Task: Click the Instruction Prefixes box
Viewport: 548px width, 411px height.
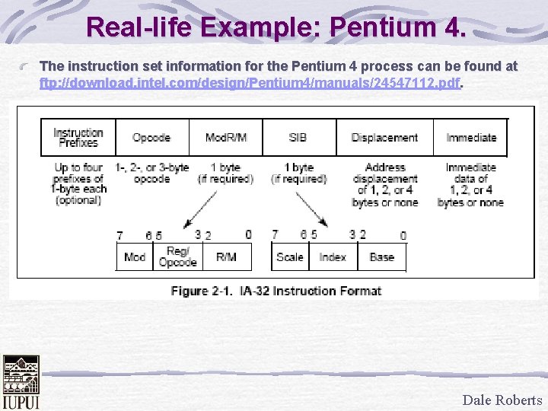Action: pyautogui.click(x=78, y=138)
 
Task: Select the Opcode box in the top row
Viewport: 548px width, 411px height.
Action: pyautogui.click(x=151, y=138)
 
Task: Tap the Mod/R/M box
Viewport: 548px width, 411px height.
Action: pyautogui.click(x=226, y=138)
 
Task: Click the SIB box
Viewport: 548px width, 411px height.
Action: pyautogui.click(x=298, y=138)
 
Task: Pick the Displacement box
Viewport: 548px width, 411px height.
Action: pyautogui.click(x=384, y=138)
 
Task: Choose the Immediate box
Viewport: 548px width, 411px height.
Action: pyautogui.click(x=470, y=138)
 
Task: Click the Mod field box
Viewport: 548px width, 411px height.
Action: pyautogui.click(x=135, y=257)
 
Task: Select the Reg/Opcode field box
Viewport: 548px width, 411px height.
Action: pyautogui.click(x=177, y=257)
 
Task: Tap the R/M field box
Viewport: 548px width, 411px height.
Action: pyautogui.click(x=226, y=257)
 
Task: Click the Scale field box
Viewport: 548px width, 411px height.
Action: pyautogui.click(x=290, y=257)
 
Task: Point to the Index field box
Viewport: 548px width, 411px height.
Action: pyautogui.click(x=333, y=257)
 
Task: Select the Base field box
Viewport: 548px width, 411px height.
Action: pyautogui.click(x=381, y=257)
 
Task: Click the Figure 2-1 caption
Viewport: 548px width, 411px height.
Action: pyautogui.click(x=276, y=291)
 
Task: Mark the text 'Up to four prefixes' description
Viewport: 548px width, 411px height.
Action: pyautogui.click(x=78, y=183)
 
